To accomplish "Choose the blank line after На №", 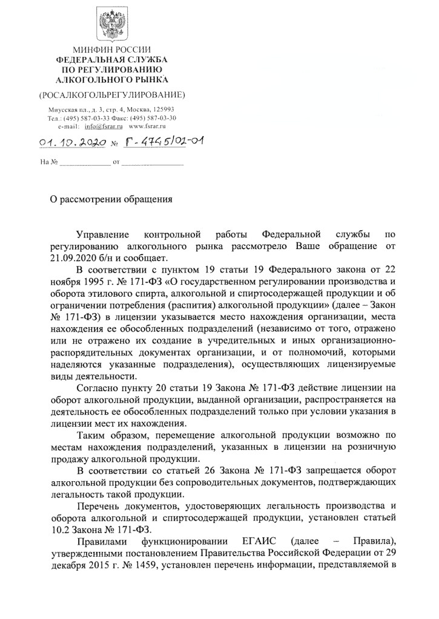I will click(x=84, y=163).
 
